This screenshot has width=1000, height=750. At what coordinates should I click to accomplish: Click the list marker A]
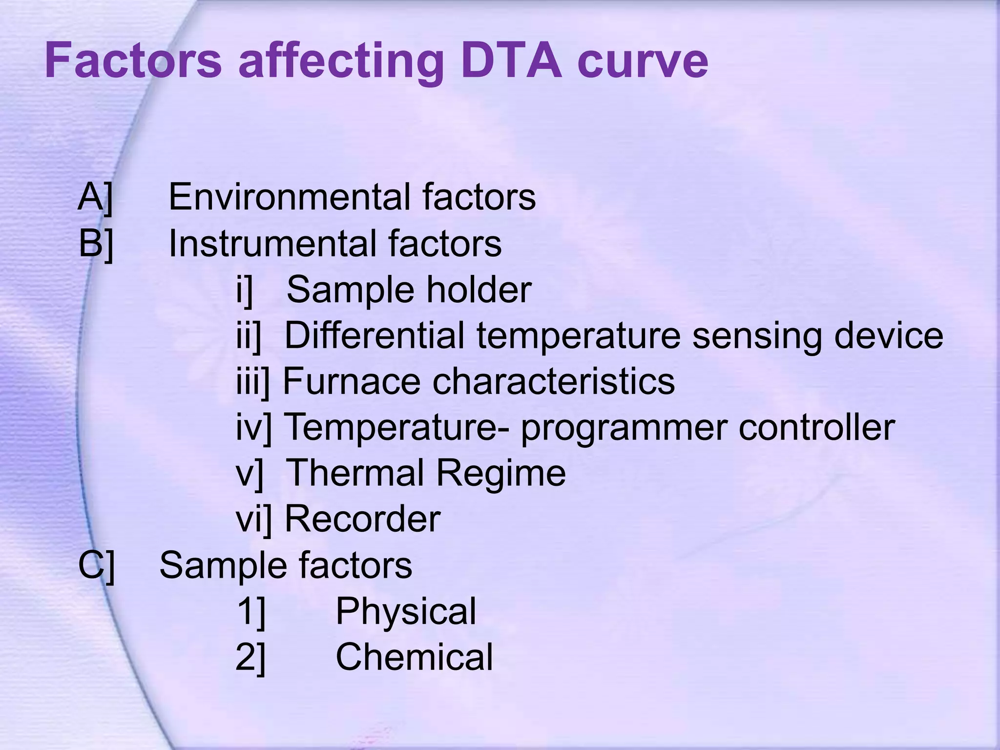point(96,197)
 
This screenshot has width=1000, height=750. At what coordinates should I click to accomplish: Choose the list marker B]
point(96,243)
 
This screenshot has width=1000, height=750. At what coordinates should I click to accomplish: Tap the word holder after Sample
point(479,289)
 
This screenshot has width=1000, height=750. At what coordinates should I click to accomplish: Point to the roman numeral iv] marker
point(253,428)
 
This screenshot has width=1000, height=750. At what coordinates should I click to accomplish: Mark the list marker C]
point(97,565)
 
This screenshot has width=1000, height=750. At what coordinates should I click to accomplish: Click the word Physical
point(405,611)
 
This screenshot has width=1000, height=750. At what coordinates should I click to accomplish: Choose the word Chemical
point(414,657)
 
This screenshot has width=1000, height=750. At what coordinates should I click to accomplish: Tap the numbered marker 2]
point(250,657)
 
